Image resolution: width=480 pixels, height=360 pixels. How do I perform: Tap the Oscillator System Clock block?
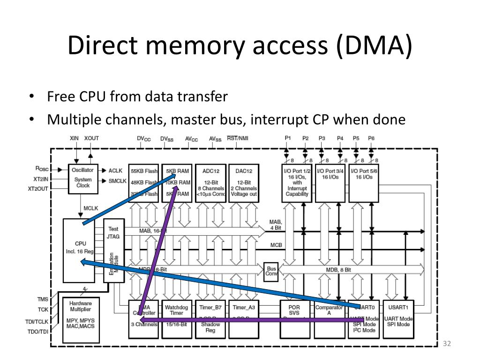82,178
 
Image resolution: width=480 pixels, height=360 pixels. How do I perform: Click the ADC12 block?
211,183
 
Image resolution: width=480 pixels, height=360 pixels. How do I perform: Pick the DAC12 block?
244,183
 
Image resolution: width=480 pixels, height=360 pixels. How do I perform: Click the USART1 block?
398,319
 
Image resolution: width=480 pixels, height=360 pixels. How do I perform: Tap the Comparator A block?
329,319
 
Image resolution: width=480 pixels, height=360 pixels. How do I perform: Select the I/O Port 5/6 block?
364,183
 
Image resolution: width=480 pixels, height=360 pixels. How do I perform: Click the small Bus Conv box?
271,271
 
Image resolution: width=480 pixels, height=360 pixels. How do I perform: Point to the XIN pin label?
74,139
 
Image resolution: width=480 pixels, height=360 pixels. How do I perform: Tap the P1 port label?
288,139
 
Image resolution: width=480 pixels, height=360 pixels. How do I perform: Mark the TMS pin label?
43,299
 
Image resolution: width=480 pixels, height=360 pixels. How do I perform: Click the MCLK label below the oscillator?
90,208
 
